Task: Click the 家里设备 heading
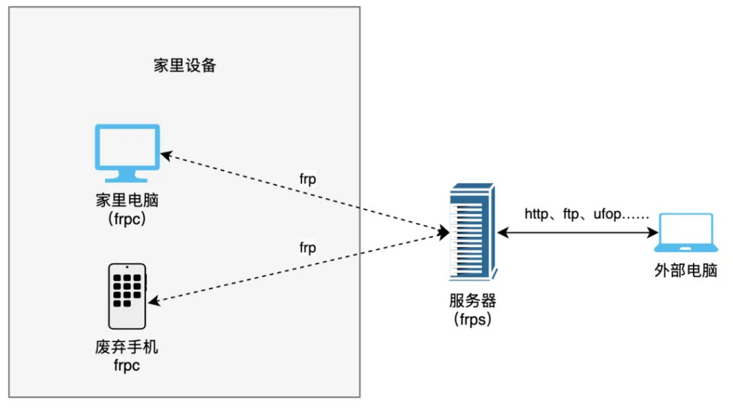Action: coord(185,66)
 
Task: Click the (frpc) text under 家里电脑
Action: coord(127,219)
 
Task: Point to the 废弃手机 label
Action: coord(127,348)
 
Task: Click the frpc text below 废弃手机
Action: coord(127,366)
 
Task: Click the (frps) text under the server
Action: coord(472,319)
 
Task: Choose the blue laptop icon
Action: coord(685,233)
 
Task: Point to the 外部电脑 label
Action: coord(685,271)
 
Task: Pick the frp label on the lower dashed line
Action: coord(308,248)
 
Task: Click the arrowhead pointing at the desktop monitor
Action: coord(165,153)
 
